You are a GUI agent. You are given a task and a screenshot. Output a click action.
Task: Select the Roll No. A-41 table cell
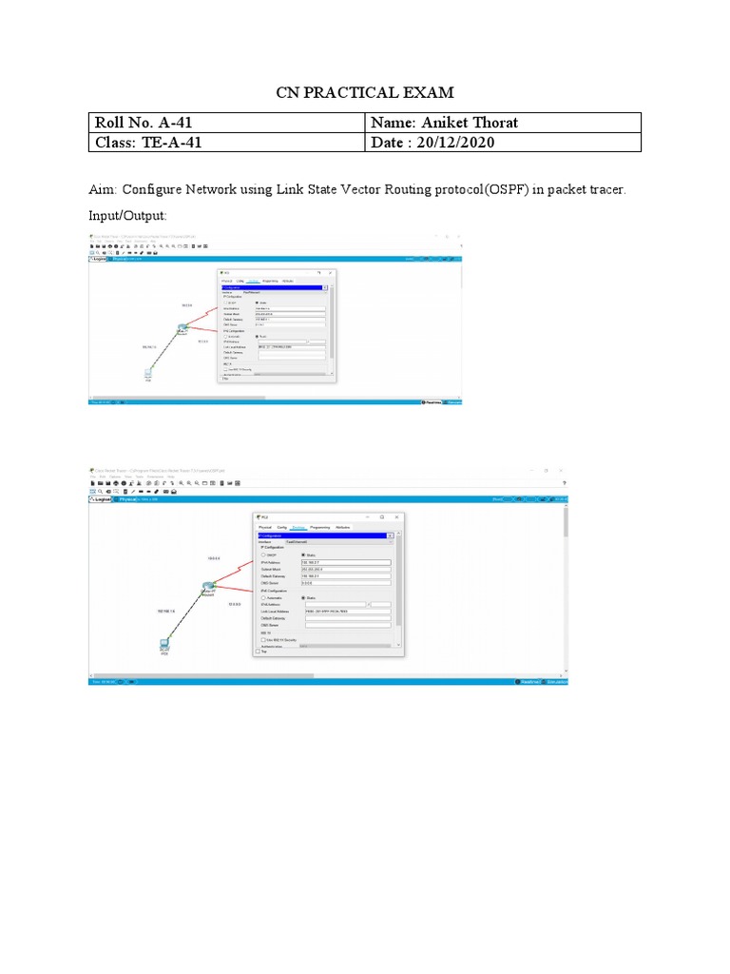pos(149,123)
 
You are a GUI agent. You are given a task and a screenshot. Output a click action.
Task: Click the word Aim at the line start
pos(101,190)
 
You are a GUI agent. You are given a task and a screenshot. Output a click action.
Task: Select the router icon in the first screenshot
pos(181,329)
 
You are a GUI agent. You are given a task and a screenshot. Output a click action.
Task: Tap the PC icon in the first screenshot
pos(148,374)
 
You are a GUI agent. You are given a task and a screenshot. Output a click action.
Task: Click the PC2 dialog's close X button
pos(396,516)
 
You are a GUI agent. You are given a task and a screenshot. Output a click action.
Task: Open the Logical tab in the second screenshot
pos(102,497)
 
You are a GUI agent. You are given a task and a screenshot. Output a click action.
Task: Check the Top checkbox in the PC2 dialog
pos(258,652)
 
